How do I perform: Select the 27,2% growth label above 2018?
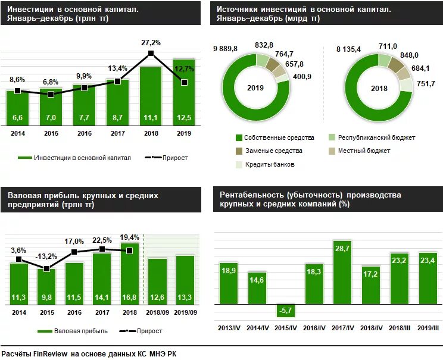click(x=151, y=43)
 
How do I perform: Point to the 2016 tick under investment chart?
click(x=84, y=134)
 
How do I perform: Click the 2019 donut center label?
click(x=255, y=88)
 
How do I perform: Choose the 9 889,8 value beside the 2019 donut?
click(x=225, y=48)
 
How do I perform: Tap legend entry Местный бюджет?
click(x=364, y=151)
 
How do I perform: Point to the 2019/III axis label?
click(x=428, y=328)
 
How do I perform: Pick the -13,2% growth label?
click(x=46, y=256)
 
